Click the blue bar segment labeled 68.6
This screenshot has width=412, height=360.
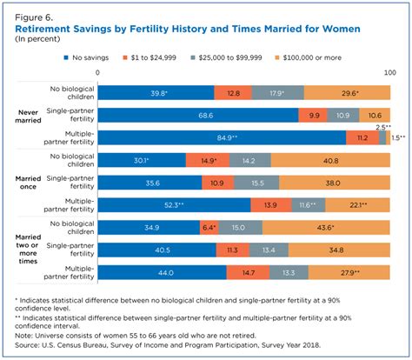click(197, 114)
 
